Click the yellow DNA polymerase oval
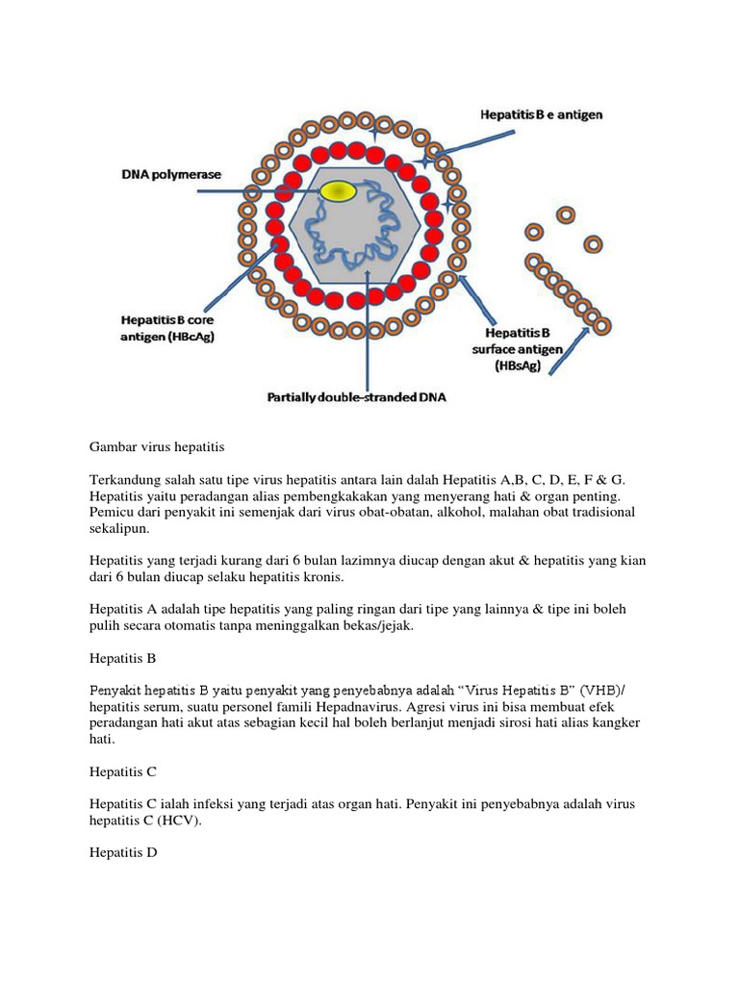click(337, 191)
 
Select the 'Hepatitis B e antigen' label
click(542, 114)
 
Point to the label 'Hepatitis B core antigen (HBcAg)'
click(165, 327)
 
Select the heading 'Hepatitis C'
click(122, 771)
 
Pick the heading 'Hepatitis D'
click(123, 852)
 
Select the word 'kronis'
click(316, 577)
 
